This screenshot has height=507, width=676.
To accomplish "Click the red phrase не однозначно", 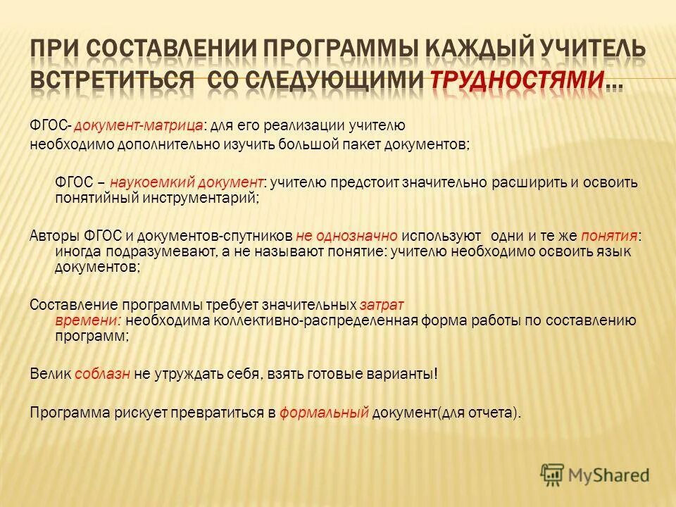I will click(x=347, y=236).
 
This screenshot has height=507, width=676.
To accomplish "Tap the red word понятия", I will click(x=610, y=236).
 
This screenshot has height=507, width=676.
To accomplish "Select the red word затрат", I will click(x=382, y=305).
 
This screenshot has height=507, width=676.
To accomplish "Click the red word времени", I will click(x=89, y=320).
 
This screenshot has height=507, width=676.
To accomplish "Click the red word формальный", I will click(x=324, y=413).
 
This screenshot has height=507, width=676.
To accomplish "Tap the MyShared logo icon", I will click(x=553, y=474).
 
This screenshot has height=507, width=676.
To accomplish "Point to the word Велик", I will click(x=51, y=375).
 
